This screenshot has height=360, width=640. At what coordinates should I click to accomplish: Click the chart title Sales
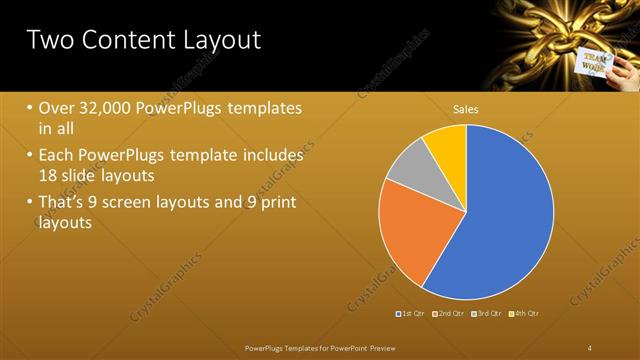(466, 108)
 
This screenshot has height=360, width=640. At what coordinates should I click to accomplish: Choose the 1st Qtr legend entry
(411, 314)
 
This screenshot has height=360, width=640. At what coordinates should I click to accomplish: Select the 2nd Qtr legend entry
(449, 314)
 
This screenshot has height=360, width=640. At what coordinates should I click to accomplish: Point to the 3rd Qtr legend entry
(487, 314)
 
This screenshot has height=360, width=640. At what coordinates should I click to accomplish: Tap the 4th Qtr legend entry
(525, 314)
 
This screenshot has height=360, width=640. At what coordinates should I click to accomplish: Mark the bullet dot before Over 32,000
(30, 108)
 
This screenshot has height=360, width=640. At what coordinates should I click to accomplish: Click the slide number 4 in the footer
(589, 347)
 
